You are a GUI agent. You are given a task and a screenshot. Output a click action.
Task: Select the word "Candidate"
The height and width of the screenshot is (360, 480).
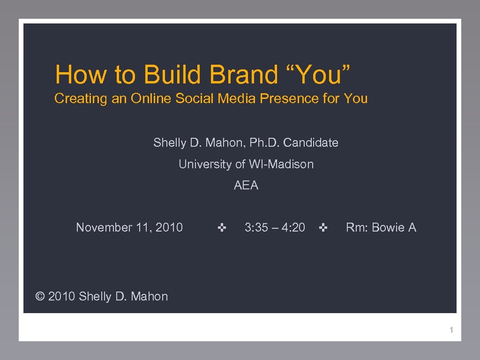point(311,142)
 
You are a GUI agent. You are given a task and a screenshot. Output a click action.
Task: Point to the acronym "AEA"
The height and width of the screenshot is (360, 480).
point(246,186)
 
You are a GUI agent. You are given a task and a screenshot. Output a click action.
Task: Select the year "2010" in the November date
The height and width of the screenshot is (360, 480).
point(169,227)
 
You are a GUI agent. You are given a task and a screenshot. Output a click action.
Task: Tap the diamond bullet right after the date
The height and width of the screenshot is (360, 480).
point(222,228)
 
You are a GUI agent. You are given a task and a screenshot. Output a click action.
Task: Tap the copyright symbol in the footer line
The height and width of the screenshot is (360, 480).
point(40,296)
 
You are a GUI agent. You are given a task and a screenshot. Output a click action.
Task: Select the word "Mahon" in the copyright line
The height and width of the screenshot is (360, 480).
point(149,296)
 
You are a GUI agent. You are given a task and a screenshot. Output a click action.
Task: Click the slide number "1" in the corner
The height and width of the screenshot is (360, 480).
point(451,330)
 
